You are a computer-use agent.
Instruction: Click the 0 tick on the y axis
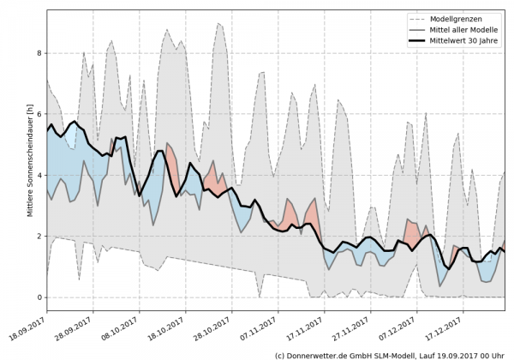[38, 297]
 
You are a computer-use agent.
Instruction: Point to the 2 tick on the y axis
[38, 236]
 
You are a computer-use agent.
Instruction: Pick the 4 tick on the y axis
[38, 175]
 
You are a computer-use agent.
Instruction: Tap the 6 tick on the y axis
[38, 114]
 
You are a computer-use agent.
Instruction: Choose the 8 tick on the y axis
[38, 53]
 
